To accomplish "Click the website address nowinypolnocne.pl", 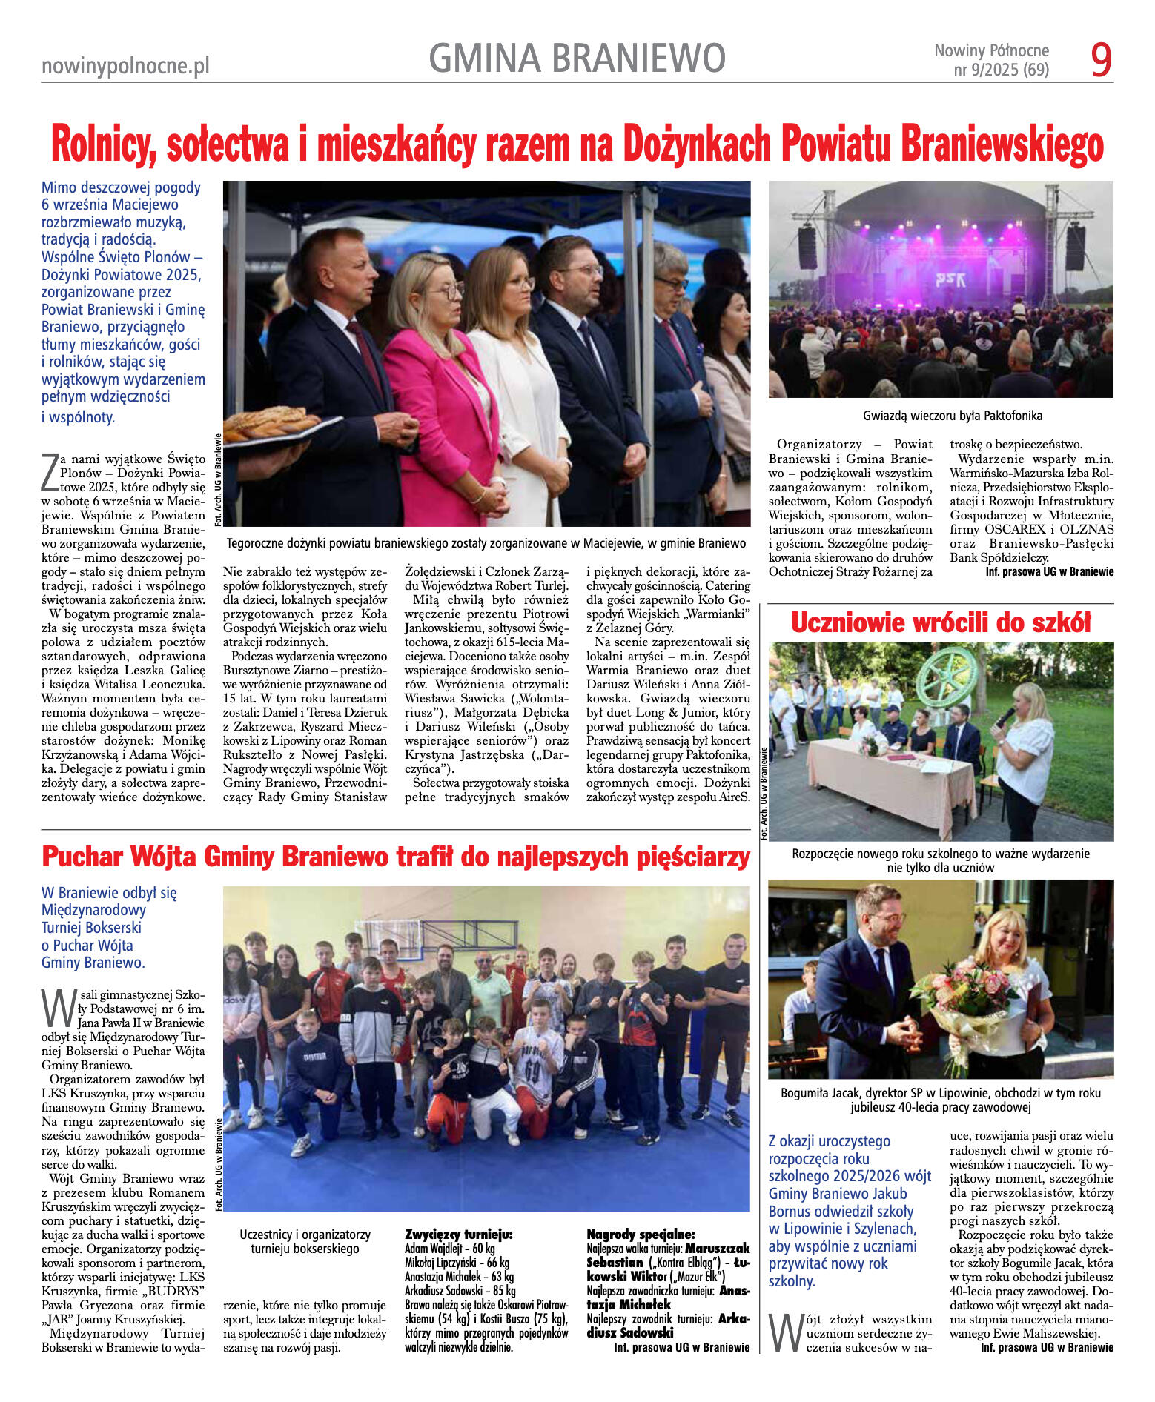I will point(125,67).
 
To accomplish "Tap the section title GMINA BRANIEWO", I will point(577,59).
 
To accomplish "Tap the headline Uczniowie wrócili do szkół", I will point(940,622).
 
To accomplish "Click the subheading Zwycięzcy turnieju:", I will point(459,1234).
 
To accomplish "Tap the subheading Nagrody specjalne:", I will point(641,1234).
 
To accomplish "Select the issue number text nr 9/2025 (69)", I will point(1001,70).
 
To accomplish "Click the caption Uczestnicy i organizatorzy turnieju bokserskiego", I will point(305,1241).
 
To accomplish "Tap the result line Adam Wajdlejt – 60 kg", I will point(450,1248).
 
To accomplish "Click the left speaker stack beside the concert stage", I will point(807,248).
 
